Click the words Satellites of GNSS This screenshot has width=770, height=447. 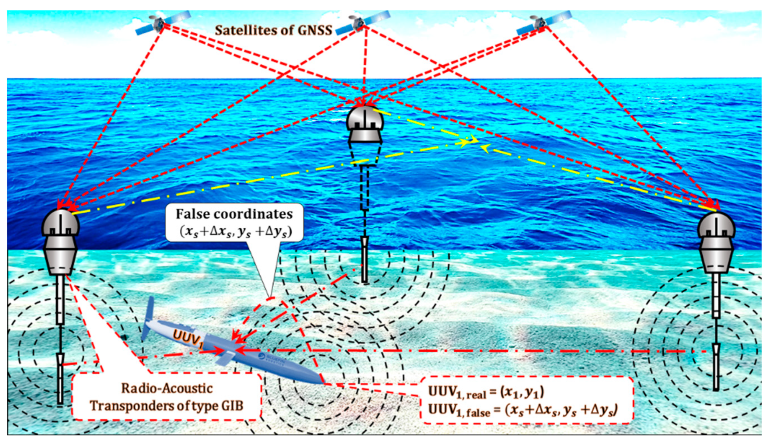coord(273,30)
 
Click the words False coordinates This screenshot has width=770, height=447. coord(234,214)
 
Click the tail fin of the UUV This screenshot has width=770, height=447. coord(149,316)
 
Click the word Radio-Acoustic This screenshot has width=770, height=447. coord(167,388)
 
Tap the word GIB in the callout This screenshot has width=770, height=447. coord(232,406)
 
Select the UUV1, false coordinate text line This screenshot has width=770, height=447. coord(522,410)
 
